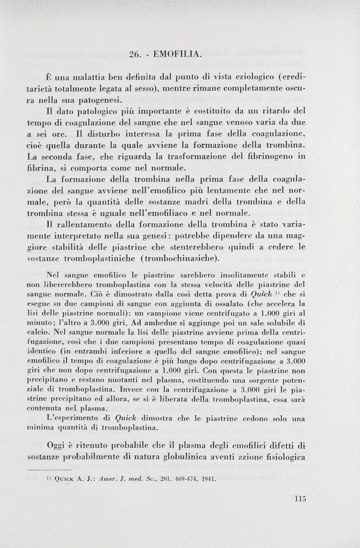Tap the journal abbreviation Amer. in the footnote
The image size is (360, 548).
[x=111, y=479]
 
